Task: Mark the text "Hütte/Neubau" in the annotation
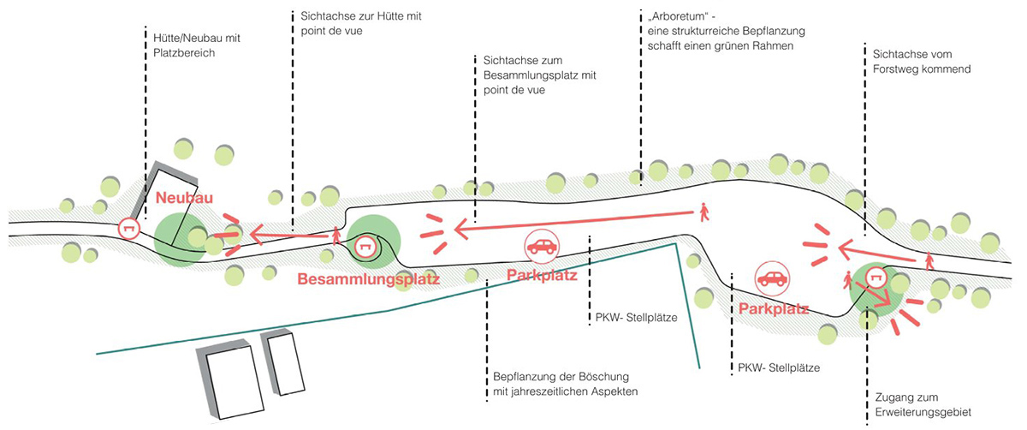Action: (181, 38)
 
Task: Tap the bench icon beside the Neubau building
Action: (130, 229)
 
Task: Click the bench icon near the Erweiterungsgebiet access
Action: (876, 277)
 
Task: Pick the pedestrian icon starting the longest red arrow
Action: (703, 212)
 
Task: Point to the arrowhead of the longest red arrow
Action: (460, 228)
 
